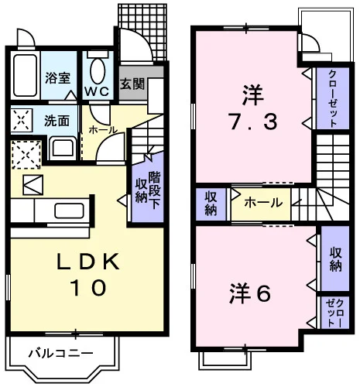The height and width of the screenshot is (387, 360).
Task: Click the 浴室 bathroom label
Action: [57, 78]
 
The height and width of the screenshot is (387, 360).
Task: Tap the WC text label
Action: [97, 91]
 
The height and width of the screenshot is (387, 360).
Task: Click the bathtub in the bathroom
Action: [25, 75]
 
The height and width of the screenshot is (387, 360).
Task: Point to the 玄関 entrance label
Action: [132, 84]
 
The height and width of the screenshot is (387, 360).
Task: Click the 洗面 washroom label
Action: [57, 120]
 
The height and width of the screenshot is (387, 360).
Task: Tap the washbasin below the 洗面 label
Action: [63, 149]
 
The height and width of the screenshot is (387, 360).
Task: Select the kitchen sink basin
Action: [69, 211]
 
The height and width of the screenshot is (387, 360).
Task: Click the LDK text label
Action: [88, 261]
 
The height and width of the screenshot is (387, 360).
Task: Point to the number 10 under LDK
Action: [88, 288]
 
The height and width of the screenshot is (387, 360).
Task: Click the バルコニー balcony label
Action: [60, 353]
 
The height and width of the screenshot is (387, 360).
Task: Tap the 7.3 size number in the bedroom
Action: [253, 122]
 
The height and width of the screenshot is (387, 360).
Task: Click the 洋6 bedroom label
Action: [250, 293]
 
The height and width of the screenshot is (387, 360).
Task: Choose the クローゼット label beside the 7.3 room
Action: [332, 98]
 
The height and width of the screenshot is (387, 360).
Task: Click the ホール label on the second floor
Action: [263, 203]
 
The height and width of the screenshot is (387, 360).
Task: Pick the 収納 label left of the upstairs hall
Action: [211, 204]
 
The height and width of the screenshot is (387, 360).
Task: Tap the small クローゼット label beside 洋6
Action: [334, 313]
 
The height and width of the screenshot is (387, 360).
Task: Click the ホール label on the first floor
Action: [103, 130]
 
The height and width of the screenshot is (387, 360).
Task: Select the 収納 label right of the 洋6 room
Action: [335, 259]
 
